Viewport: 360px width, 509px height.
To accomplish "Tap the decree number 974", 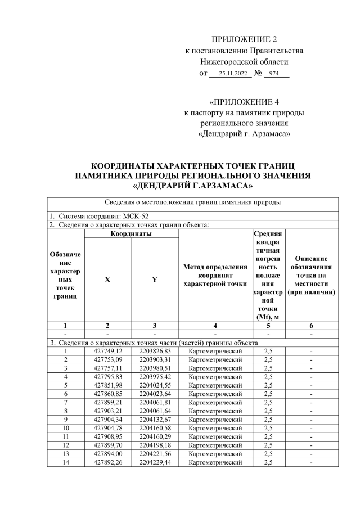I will coord(274,73).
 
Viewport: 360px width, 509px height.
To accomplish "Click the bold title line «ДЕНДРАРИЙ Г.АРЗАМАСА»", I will coord(193,184).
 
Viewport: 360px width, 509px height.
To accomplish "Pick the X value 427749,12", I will coord(107,352).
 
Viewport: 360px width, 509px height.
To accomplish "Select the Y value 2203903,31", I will coord(155,360).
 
